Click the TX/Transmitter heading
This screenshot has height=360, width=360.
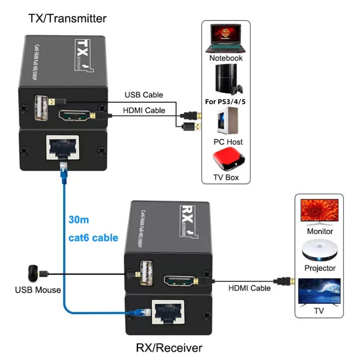(67, 19)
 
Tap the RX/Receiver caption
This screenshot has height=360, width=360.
(169, 348)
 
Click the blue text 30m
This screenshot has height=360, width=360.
(78, 220)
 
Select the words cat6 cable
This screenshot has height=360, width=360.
(93, 238)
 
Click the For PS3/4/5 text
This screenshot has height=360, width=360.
(225, 102)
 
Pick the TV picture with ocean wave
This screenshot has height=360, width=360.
(319, 291)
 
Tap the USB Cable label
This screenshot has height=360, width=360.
(144, 95)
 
